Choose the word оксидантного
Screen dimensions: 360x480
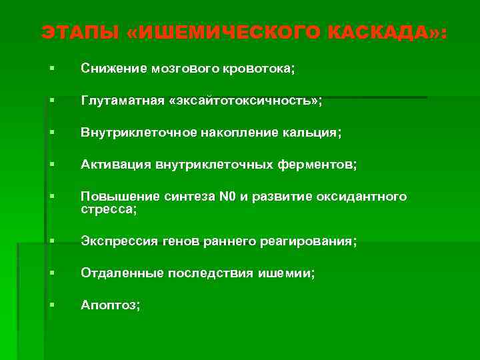[369, 197]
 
